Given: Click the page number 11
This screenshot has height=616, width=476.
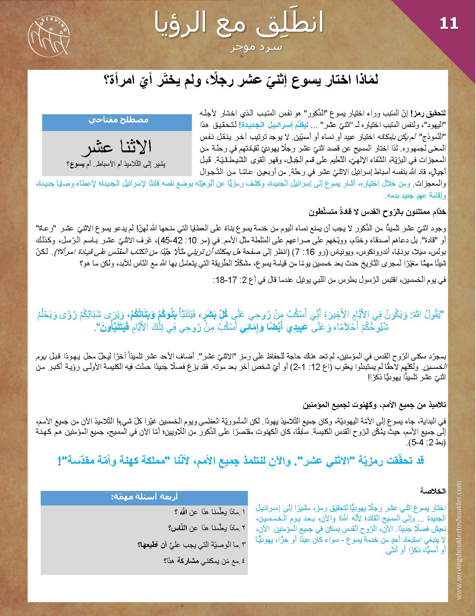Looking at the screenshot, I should click(449, 24).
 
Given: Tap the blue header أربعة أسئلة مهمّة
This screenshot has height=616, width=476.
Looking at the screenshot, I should click(144, 497).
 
